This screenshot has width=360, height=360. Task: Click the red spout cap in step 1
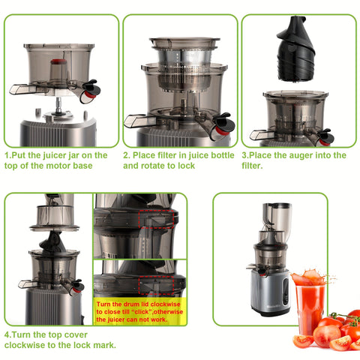point(91,94)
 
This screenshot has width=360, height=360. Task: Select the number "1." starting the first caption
point(7,155)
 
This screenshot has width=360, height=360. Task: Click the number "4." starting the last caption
point(7,334)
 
